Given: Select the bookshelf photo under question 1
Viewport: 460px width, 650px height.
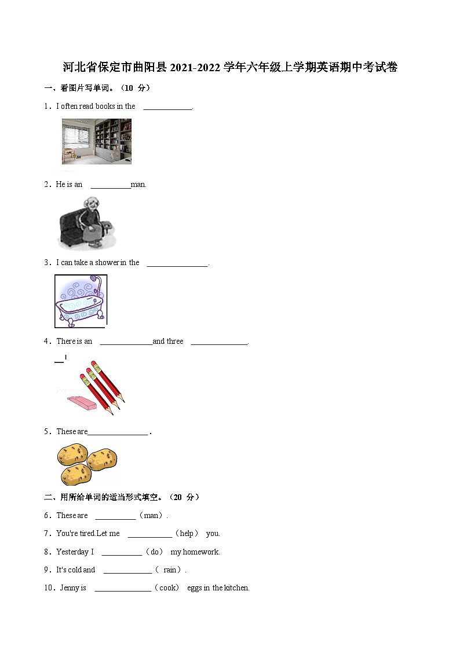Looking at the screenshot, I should click(x=97, y=142).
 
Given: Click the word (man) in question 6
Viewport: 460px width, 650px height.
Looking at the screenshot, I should click(x=153, y=516).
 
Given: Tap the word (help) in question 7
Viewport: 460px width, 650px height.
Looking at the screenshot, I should click(x=187, y=534).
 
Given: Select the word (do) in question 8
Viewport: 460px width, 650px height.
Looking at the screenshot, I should click(x=156, y=552).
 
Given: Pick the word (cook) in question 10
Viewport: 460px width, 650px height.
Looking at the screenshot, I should click(x=169, y=588).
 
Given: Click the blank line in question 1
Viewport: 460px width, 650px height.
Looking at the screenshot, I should click(x=167, y=107).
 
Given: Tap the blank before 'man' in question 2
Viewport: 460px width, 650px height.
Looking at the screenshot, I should click(x=110, y=185).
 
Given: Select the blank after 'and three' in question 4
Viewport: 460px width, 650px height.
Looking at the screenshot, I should click(x=219, y=342).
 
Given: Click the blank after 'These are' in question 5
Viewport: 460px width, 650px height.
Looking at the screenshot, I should click(x=118, y=432).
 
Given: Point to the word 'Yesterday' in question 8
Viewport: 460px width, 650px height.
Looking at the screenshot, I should click(x=72, y=552).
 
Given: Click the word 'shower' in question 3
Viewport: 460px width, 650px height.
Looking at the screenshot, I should click(x=107, y=263).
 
